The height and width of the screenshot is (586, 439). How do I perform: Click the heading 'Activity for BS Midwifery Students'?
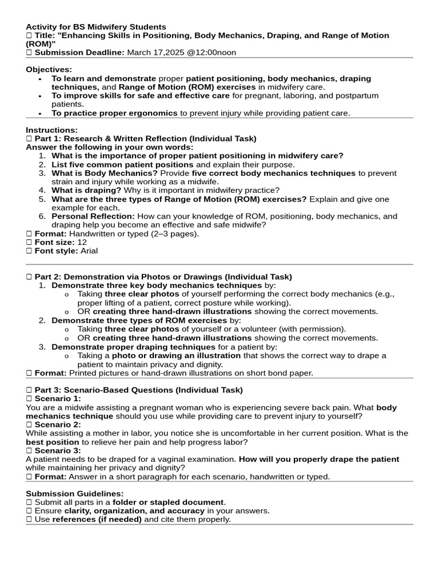[x=96, y=27]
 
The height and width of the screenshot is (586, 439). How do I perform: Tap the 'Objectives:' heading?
[x=48, y=70]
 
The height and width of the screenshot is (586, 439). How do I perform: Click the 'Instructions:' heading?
[x=51, y=130]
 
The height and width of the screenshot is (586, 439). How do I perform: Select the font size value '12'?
[x=82, y=242]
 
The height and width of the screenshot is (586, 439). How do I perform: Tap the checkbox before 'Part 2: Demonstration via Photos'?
[x=29, y=277]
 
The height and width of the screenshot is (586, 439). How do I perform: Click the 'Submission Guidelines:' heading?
[x=74, y=493]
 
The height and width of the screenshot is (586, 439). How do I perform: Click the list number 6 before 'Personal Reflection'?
[x=42, y=216]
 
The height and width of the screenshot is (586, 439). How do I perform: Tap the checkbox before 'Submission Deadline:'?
[x=29, y=53]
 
